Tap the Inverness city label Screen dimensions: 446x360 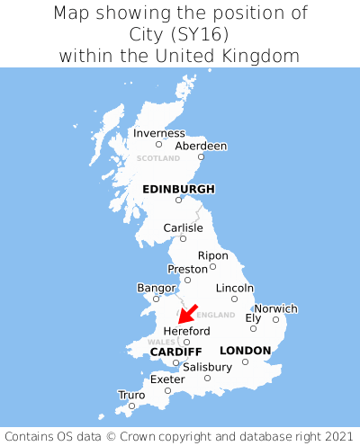point(158,133)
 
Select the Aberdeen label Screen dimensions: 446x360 point(201,146)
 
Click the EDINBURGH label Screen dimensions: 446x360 point(178,189)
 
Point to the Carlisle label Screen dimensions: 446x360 point(183,227)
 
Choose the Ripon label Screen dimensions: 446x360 point(213,255)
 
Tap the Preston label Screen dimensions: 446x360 point(188,268)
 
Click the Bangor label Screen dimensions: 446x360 point(155,288)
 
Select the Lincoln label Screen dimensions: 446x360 point(235,288)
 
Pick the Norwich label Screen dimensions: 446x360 point(275,308)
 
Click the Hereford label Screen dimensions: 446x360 point(186,331)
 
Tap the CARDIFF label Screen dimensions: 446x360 point(175,351)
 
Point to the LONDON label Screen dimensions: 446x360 point(245,350)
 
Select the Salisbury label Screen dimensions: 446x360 point(207,367)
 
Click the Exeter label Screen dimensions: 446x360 point(167,379)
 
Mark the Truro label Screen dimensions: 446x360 point(131,395)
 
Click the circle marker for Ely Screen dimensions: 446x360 point(253,328)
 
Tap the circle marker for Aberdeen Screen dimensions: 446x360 point(201,157)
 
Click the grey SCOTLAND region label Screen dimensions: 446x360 point(158,158)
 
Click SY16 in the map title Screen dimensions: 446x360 point(208,34)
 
